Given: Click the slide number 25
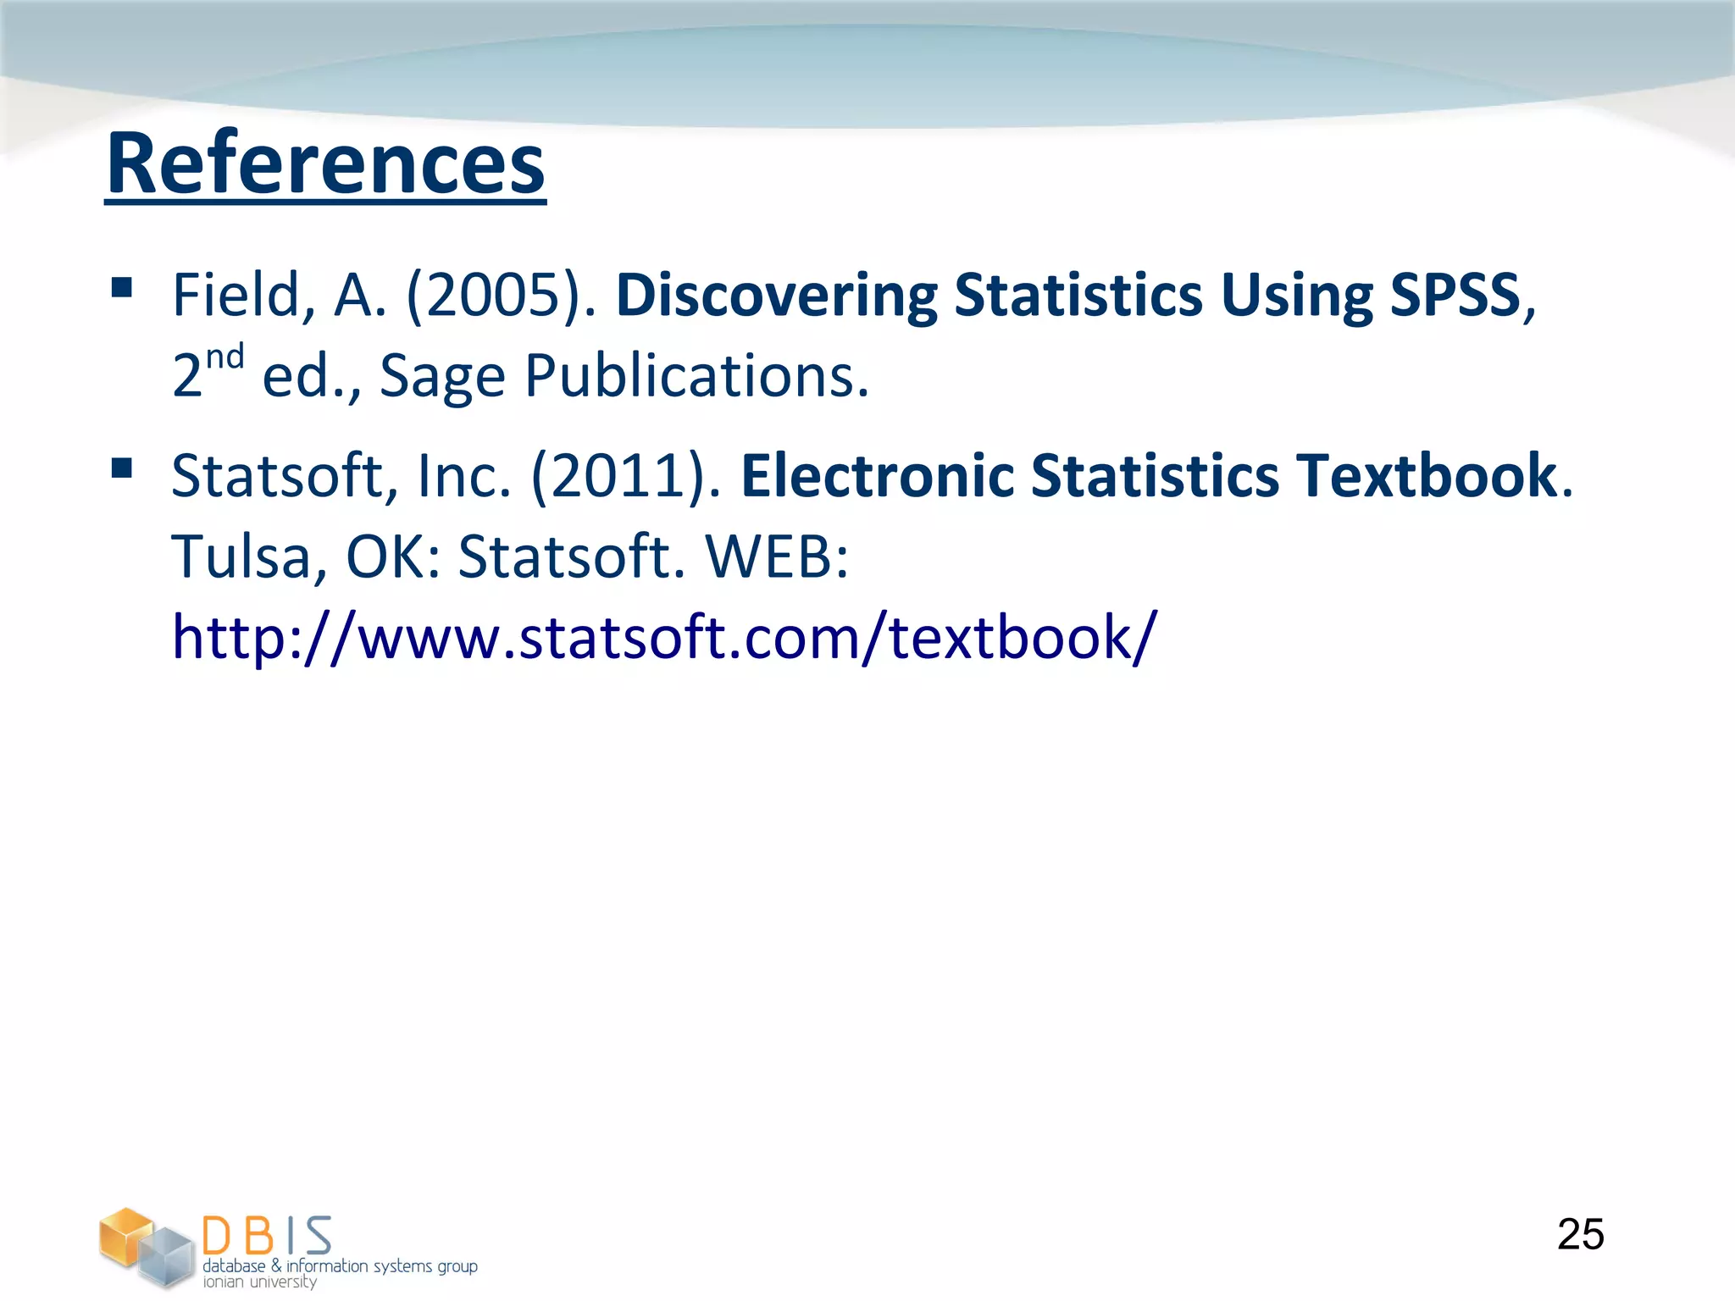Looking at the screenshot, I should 1580,1234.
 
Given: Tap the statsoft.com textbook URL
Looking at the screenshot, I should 663,637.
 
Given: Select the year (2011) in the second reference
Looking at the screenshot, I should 626,476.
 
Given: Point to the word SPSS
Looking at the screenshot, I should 1455,296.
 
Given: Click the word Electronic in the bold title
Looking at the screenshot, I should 877,476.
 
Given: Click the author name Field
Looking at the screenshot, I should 236,296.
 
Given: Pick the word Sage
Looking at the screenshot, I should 442,376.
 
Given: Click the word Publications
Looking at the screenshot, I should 696,376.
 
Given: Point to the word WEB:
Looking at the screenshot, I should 777,557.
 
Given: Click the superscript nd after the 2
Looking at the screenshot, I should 225,357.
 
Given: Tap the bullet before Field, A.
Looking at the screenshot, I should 122,288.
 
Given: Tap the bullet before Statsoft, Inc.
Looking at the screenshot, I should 122,468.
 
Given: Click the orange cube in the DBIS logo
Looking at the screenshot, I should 125,1235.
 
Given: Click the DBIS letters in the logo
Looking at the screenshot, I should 267,1236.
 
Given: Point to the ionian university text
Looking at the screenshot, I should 259,1282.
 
